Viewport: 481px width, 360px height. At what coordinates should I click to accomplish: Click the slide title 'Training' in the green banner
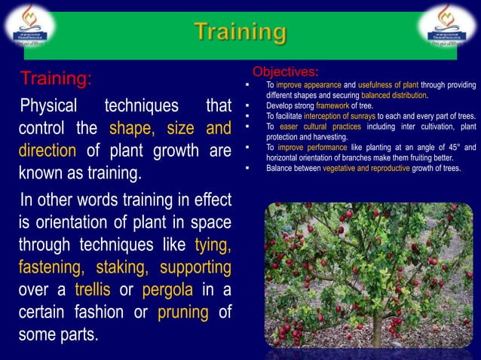[x=240, y=33]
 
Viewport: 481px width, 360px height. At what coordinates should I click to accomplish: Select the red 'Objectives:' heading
[x=285, y=72]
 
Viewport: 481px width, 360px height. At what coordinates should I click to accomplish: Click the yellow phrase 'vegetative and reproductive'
[x=366, y=168]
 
